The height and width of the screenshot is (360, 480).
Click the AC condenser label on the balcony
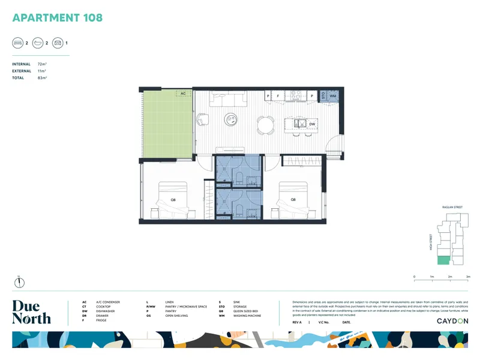182,94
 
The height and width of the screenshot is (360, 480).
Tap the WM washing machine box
332,95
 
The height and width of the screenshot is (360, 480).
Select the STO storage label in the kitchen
323,95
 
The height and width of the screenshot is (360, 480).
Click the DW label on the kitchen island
312,124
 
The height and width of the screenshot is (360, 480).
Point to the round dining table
264,123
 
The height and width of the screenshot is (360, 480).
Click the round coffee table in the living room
230,119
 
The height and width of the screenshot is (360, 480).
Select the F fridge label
278,95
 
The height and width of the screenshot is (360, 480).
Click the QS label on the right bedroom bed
293,199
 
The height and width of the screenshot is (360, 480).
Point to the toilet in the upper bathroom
239,178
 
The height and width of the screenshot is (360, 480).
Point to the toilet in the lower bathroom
239,210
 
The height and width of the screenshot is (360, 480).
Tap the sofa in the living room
227,98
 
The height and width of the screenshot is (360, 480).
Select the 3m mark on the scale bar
468,277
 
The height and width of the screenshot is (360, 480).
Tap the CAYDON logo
452,321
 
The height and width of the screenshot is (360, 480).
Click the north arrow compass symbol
19,282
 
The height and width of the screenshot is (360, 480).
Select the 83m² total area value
42,78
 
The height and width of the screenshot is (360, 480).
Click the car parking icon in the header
58,43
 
